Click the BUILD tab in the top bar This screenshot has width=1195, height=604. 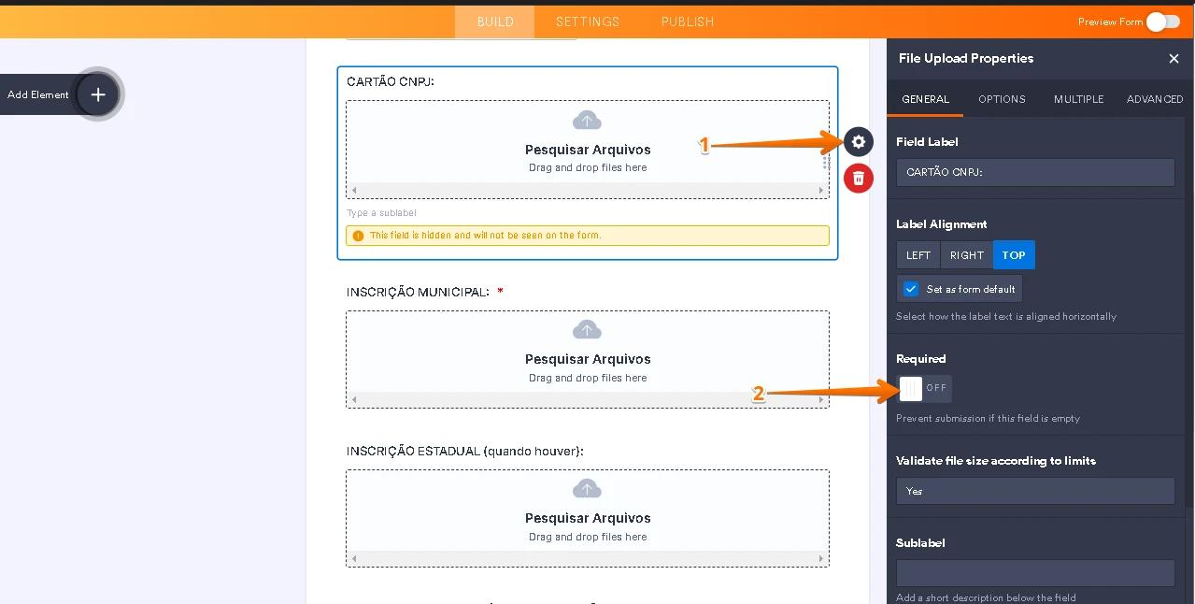pyautogui.click(x=494, y=22)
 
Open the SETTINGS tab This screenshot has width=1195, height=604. pyautogui.click(x=587, y=22)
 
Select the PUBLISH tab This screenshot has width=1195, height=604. pyautogui.click(x=687, y=22)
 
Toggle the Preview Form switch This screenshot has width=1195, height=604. pyautogui.click(x=1162, y=22)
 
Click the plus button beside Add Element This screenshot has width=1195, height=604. pyautogui.click(x=98, y=94)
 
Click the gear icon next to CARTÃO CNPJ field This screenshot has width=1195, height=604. pyautogui.click(x=858, y=142)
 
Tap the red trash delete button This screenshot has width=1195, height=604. pyautogui.click(x=858, y=178)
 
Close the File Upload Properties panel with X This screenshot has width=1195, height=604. pyautogui.click(x=1174, y=59)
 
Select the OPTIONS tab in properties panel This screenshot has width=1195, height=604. pyautogui.click(x=1002, y=99)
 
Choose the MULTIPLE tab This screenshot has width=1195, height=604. pyautogui.click(x=1078, y=99)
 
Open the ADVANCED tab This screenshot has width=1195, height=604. pyautogui.click(x=1154, y=99)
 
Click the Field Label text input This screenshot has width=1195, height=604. pyautogui.click(x=1034, y=172)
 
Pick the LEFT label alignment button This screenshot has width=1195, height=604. pyautogui.click(x=918, y=255)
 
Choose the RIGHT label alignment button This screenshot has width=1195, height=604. pyautogui.click(x=966, y=255)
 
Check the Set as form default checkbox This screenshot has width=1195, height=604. pyautogui.click(x=911, y=289)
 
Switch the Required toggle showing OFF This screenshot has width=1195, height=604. pyautogui.click(x=923, y=388)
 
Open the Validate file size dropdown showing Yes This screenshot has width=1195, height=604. pyautogui.click(x=1034, y=491)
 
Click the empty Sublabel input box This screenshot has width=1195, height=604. pyautogui.click(x=1034, y=573)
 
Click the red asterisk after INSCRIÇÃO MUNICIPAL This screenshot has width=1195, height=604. pyautogui.click(x=501, y=292)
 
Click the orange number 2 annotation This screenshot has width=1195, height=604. pyautogui.click(x=759, y=395)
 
